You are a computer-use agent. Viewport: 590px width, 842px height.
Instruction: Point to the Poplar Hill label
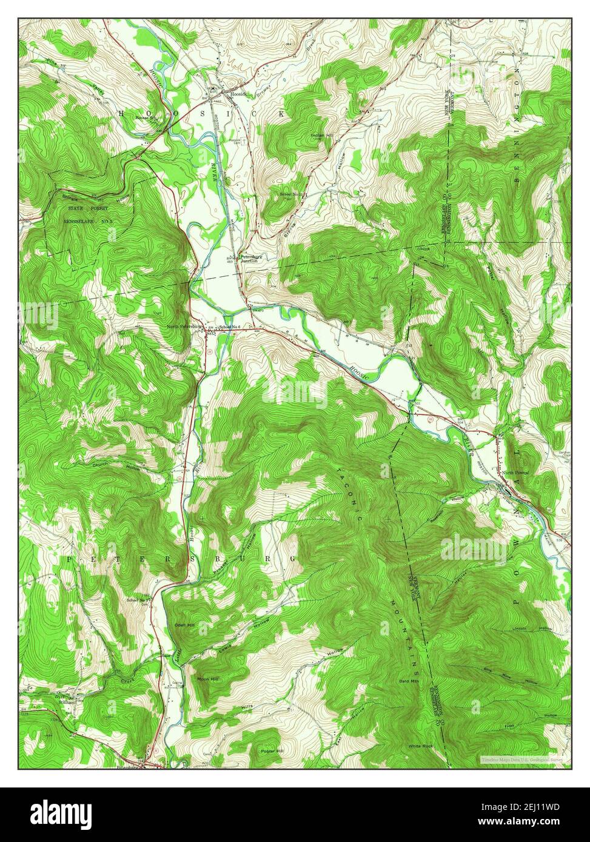click(272, 751)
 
